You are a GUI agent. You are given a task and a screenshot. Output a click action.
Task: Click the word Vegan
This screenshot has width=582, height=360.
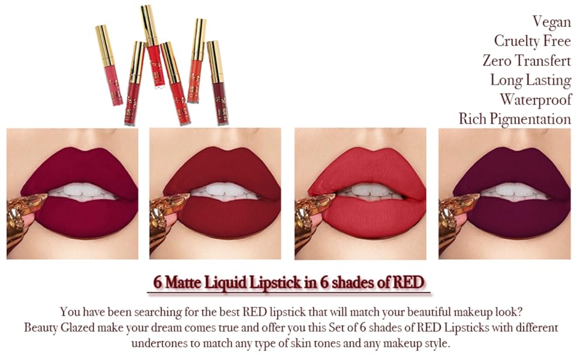click(x=551, y=22)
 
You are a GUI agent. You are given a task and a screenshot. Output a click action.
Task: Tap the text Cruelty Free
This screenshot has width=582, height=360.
click(x=532, y=41)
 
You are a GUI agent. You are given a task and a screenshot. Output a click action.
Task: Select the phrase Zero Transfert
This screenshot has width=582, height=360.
click(x=526, y=61)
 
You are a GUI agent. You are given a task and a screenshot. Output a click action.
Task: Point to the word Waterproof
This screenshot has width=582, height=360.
click(x=535, y=99)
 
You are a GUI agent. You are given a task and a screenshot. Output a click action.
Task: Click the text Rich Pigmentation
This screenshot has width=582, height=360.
click(x=515, y=119)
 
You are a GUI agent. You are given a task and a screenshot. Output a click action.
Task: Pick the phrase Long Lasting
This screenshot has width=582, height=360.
click(x=530, y=80)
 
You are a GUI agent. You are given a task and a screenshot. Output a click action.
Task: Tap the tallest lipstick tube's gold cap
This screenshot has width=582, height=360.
click(x=148, y=24)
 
